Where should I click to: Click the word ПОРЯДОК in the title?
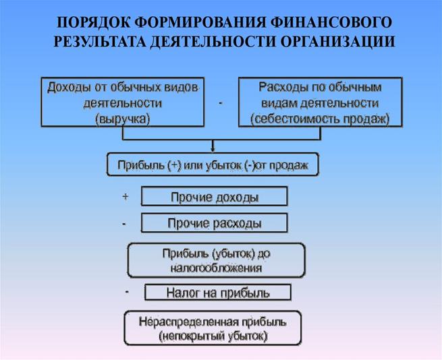(x=94, y=22)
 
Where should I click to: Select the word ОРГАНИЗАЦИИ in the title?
(x=337, y=41)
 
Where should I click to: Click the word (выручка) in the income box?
(x=123, y=119)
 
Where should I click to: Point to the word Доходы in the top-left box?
(x=69, y=88)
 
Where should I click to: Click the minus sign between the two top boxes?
(x=221, y=103)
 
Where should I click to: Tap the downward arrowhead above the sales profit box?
(x=213, y=148)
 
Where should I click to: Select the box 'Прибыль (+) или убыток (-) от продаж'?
(x=213, y=164)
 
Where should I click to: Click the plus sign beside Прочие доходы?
(x=126, y=196)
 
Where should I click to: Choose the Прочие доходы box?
(x=214, y=196)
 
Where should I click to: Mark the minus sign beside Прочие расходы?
(x=124, y=224)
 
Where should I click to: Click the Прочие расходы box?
(x=214, y=223)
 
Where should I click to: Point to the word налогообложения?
(x=216, y=268)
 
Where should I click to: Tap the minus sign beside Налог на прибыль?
(x=127, y=292)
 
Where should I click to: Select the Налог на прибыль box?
(x=218, y=293)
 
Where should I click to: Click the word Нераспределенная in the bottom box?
(x=189, y=322)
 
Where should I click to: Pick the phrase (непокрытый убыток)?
(x=213, y=336)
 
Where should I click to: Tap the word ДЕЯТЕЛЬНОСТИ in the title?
(x=213, y=41)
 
